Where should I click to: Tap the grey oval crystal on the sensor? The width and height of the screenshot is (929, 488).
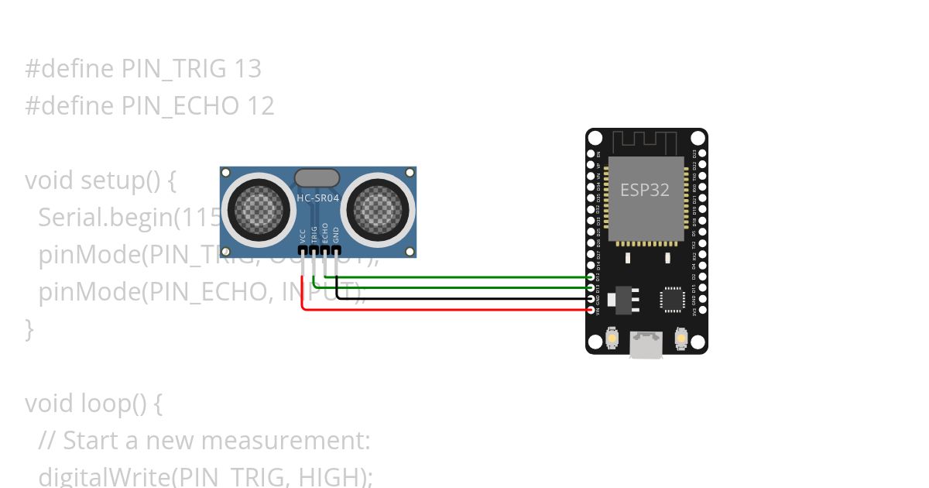317,177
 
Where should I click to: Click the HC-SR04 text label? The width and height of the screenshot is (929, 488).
317,198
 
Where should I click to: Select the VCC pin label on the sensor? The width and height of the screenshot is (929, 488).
303,235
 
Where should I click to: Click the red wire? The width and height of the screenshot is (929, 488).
449,310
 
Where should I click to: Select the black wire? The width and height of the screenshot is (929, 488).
464,298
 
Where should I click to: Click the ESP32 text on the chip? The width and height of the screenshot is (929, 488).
644,190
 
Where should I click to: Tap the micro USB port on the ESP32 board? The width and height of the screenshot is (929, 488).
646,345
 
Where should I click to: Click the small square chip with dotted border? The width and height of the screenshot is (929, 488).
671,300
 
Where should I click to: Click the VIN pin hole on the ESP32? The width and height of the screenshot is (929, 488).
591,310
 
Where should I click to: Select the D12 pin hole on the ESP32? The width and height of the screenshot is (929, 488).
591,277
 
